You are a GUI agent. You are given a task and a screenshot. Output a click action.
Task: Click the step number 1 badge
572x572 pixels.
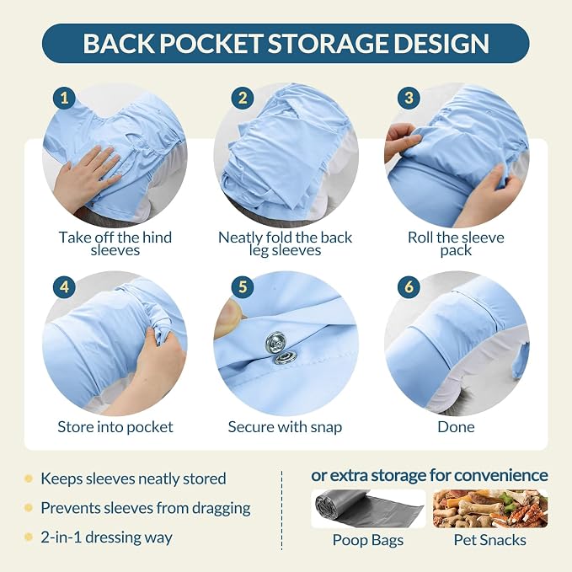(x=64, y=98)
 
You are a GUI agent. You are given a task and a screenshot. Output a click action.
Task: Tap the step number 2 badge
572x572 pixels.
(x=243, y=98)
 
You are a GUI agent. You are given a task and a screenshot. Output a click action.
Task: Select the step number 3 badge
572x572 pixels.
(x=409, y=98)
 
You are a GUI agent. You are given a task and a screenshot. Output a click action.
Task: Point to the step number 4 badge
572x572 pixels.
(x=64, y=287)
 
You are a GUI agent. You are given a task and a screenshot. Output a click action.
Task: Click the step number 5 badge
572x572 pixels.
(x=243, y=287)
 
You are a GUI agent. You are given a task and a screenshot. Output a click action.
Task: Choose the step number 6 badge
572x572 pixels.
(x=409, y=287)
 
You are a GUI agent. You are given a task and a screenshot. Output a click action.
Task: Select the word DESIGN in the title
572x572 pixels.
(x=441, y=44)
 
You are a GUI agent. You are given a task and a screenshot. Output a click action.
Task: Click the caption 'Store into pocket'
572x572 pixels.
(x=115, y=427)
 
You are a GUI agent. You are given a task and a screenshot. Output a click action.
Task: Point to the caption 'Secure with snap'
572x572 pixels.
(x=285, y=427)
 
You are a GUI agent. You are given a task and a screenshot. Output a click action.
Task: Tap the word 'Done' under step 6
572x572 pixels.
(x=456, y=427)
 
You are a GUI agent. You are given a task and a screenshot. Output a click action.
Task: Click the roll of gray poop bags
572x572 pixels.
(x=368, y=509)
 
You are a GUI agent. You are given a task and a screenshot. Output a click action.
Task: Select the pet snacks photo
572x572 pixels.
(x=490, y=509)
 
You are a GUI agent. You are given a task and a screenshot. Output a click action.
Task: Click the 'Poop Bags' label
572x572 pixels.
(x=368, y=540)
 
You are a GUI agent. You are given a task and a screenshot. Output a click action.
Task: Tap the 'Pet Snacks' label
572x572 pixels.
(x=490, y=540)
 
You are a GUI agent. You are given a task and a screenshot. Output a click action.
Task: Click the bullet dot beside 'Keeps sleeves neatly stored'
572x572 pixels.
(x=28, y=478)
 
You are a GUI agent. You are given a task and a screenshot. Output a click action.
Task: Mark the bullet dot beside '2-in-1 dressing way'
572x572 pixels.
(x=28, y=537)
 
